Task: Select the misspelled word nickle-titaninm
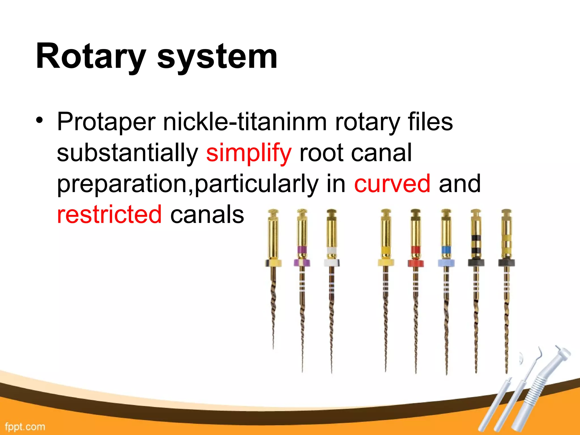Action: point(245,122)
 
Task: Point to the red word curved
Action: point(392,184)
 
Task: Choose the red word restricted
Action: point(109,215)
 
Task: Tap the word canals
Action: point(207,215)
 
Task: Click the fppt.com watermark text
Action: point(25,427)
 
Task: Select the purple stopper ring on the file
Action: point(302,263)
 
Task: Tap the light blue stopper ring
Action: point(446,263)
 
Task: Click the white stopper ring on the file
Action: point(332,263)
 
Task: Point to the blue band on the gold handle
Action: point(446,250)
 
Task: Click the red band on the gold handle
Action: point(415,250)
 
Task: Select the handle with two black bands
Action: point(476,238)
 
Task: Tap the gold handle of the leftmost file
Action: point(273,235)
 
